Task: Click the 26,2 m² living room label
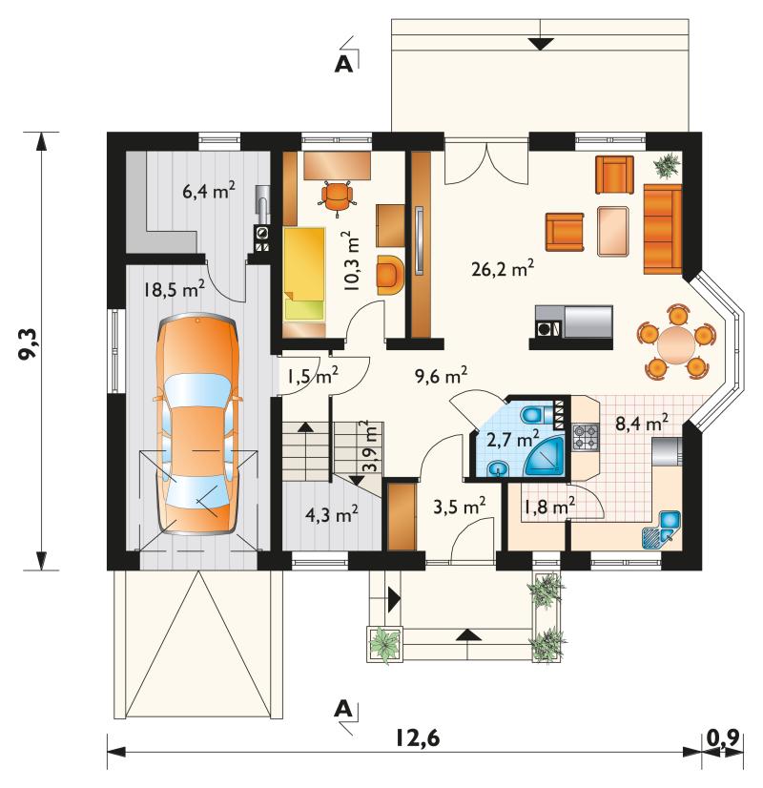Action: tap(503, 269)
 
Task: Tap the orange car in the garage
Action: tap(198, 424)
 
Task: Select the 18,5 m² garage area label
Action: tap(174, 289)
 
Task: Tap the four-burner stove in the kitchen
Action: tap(586, 436)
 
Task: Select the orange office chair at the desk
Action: tap(337, 197)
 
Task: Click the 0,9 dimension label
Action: tap(723, 737)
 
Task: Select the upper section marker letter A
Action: tap(343, 64)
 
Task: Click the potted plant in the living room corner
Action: tap(667, 164)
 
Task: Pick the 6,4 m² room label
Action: tap(209, 192)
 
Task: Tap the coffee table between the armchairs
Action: tap(613, 231)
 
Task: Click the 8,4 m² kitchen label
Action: tap(642, 424)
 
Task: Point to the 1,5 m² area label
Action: tap(313, 376)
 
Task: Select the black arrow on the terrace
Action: tap(540, 44)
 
